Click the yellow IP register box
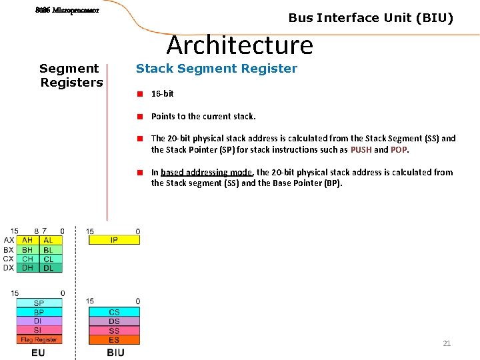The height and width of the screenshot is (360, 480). pyautogui.click(x=114, y=240)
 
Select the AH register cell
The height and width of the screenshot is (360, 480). pyautogui.click(x=27, y=240)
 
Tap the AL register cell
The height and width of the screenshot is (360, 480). pyautogui.click(x=49, y=240)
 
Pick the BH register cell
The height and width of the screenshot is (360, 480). pyautogui.click(x=27, y=250)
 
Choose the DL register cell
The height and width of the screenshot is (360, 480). pyautogui.click(x=49, y=268)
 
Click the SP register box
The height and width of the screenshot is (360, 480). pyautogui.click(x=39, y=303)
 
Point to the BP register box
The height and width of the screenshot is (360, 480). pyautogui.click(x=39, y=312)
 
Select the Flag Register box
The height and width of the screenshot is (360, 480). pyautogui.click(x=39, y=339)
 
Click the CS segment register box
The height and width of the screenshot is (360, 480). pyautogui.click(x=114, y=312)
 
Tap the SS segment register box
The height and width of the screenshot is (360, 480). pyautogui.click(x=114, y=331)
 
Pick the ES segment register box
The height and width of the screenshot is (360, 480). pyautogui.click(x=114, y=340)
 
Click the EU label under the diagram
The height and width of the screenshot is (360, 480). pyautogui.click(x=38, y=352)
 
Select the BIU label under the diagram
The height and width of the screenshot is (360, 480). pyautogui.click(x=115, y=352)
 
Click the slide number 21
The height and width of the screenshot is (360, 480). pyautogui.click(x=447, y=343)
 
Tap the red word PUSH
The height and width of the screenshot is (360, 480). pyautogui.click(x=361, y=149)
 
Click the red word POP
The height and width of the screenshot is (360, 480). pyautogui.click(x=399, y=149)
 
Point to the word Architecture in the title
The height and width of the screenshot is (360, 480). pyautogui.click(x=239, y=45)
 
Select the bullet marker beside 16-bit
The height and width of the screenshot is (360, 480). pyautogui.click(x=141, y=94)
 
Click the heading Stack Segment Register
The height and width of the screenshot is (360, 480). pyautogui.click(x=217, y=68)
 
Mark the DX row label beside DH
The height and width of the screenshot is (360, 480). pyautogui.click(x=9, y=268)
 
